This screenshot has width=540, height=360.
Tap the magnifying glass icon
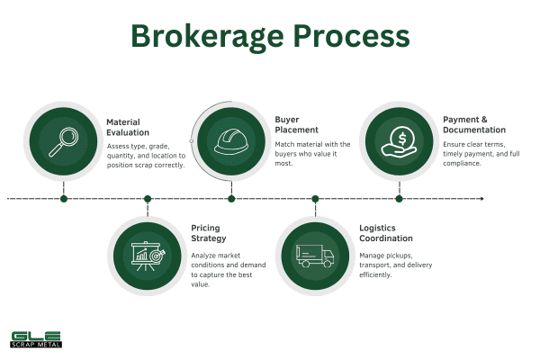click(63, 139)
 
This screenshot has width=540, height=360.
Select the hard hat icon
click(231, 140)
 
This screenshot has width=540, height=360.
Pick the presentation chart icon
click(147, 255)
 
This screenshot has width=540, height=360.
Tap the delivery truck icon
click(315, 256)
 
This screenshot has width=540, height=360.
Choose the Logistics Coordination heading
click(384, 233)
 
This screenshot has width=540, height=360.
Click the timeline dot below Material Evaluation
click(63, 199)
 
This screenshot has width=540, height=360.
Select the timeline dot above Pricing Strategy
click(148, 199)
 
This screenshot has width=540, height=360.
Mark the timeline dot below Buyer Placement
click(231, 199)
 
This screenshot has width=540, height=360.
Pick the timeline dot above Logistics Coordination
click(315, 199)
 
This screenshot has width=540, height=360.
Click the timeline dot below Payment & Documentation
click(399, 199)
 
